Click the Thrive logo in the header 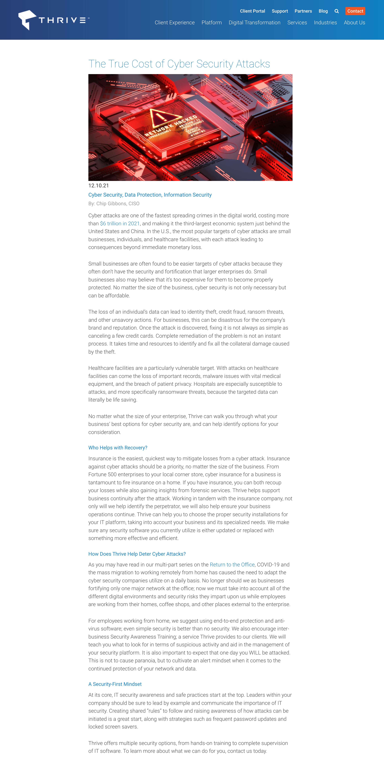(54, 20)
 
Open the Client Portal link (252, 11)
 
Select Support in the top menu (280, 11)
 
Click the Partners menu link (303, 11)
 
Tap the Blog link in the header (323, 11)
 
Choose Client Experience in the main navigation (174, 23)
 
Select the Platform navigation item (211, 23)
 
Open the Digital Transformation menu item (254, 23)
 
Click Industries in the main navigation (325, 23)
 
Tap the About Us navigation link (354, 23)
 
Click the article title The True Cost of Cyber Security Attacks (179, 64)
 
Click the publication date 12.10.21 (98, 186)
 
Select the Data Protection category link (143, 195)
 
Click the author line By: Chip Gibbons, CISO (114, 204)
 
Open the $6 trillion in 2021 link (120, 224)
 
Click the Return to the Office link (232, 565)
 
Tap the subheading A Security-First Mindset (115, 684)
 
